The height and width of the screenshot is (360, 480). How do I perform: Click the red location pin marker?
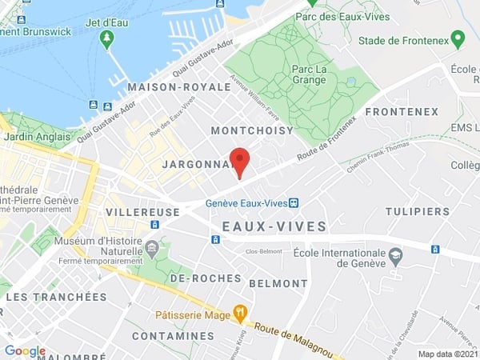(x=239, y=161)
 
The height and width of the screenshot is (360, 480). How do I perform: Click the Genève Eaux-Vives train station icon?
(x=294, y=202)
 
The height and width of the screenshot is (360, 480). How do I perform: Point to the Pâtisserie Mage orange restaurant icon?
(x=238, y=311)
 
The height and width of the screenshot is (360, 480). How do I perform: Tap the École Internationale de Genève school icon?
(x=395, y=255)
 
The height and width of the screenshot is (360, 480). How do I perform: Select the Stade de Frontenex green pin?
(x=458, y=39)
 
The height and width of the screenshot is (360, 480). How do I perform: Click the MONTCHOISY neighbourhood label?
(x=252, y=130)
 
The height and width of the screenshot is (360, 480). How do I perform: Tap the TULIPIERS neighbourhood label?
(x=417, y=211)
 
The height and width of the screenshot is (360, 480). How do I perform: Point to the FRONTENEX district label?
(x=402, y=112)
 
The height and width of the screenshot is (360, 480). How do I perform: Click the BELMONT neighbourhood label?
(x=278, y=283)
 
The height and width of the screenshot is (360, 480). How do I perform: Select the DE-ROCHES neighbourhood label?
(x=206, y=278)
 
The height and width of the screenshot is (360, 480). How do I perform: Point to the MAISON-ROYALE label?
(x=169, y=86)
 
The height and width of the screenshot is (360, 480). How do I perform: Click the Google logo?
(x=25, y=350)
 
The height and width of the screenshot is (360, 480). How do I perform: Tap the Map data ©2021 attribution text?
(x=447, y=354)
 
